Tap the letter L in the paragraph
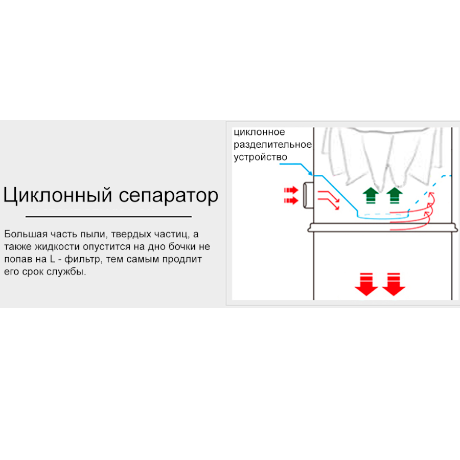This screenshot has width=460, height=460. coord(53,259)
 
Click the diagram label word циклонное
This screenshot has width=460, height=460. coord(259,132)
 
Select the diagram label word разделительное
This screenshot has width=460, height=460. coord(272,145)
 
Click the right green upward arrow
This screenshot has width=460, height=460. coord(394,195)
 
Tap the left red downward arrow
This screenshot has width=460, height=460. coord(366,284)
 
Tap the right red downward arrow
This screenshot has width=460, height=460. coord(394,284)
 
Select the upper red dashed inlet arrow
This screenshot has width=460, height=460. coord(291,190)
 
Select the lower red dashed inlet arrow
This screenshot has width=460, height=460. coord(291,201)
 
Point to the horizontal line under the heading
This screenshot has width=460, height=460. coord(108,217)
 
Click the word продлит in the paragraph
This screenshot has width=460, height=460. coord(183,259)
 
